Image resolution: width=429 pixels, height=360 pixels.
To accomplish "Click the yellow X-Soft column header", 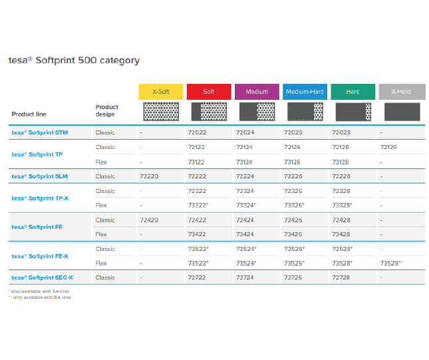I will click(160, 92).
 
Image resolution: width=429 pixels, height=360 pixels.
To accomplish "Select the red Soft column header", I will click(209, 92).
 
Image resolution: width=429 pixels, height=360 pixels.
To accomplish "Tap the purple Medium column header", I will click(257, 92).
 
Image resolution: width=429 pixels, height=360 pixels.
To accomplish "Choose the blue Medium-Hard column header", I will click(305, 92).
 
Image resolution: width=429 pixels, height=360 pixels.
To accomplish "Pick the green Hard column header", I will click(353, 92).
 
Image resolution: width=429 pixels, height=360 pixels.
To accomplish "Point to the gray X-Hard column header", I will click(401, 92).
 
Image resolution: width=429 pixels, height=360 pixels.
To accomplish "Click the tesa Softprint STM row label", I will click(40, 132).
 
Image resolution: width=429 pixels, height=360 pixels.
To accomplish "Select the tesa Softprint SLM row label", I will click(40, 176).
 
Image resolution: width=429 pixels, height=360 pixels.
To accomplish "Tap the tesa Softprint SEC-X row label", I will click(43, 277).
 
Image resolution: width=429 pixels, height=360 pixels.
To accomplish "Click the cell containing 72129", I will click(390, 147).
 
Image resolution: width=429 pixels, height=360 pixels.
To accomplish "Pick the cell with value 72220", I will click(149, 176).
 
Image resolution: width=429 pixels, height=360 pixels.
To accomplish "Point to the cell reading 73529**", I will click(392, 264).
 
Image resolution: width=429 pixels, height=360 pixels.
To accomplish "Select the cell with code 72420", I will click(149, 220).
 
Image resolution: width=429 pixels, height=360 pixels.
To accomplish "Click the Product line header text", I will click(29, 114).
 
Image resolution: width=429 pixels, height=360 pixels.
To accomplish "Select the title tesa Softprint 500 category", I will click(74, 61).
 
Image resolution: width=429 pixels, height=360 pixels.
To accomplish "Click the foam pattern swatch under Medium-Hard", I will click(305, 111).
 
